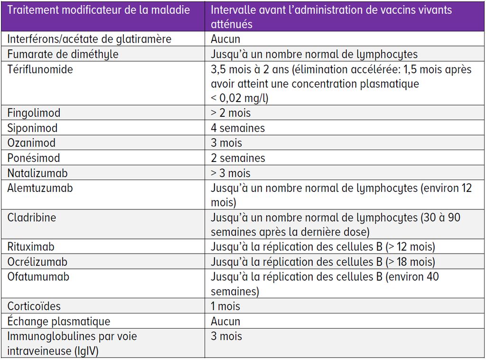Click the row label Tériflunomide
point(40,69)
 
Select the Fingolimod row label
point(34,113)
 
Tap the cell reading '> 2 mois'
point(231,113)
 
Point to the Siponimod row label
point(32,128)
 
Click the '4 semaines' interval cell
point(238,128)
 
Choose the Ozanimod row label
point(31,143)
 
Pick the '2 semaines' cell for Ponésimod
point(238,158)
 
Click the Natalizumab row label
point(37,173)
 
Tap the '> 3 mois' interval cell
point(231,173)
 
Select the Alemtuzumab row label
point(40,188)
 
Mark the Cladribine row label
point(31,218)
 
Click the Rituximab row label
point(31,247)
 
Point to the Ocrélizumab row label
point(37,262)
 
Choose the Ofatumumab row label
point(38,277)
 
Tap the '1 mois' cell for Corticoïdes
point(225,306)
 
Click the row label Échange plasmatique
point(58,322)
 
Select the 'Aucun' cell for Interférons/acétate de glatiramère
point(225,39)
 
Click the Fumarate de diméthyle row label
point(63,54)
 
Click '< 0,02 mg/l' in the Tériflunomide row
point(240,98)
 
